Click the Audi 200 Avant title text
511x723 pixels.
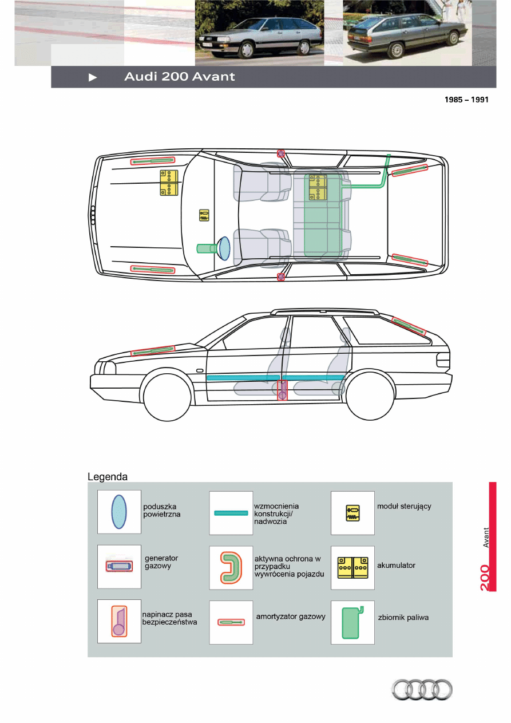180,77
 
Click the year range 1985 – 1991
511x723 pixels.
467,99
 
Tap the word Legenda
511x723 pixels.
108,476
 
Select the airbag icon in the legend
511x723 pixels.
119,512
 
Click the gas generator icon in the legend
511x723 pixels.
119,566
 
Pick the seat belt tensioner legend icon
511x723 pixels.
119,621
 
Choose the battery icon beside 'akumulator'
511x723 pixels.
352,567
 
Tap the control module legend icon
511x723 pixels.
352,512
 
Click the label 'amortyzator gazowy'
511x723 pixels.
291,617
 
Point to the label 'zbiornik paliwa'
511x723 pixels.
403,618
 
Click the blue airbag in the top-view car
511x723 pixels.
223,248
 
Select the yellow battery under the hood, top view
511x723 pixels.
169,183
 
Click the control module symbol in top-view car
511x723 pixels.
204,215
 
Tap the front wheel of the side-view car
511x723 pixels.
167,397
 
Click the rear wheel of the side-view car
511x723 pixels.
371,396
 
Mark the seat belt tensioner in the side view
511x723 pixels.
282,390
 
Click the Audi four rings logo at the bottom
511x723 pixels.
422,689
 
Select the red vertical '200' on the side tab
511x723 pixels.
485,578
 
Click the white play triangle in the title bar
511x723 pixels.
93,77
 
